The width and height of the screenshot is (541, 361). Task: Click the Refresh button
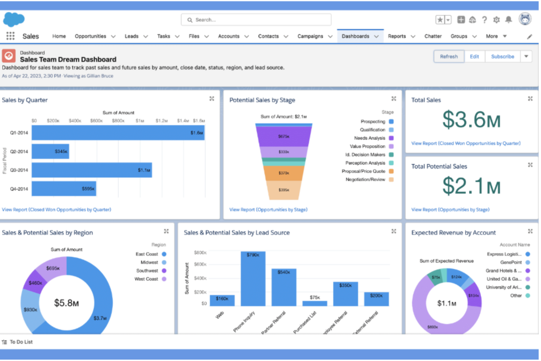click(449, 57)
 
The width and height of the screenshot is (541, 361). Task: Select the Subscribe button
click(502, 57)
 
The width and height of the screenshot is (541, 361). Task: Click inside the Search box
click(256, 20)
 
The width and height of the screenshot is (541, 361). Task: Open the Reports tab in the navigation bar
click(397, 36)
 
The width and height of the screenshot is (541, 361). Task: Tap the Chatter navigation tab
click(433, 36)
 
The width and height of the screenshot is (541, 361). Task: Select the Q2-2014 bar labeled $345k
click(50, 151)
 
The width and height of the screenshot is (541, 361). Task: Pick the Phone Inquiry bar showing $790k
click(253, 278)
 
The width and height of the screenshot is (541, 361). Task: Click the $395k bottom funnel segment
click(284, 190)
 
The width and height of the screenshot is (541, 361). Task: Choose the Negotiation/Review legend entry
click(366, 180)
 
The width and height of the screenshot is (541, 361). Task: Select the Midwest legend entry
click(150, 263)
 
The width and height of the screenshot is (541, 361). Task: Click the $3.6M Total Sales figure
click(471, 120)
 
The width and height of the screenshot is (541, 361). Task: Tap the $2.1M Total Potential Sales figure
click(471, 186)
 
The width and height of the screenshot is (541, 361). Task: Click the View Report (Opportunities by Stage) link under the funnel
click(268, 210)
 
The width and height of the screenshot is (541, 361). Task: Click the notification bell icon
click(508, 20)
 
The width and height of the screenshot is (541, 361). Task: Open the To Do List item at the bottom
click(21, 342)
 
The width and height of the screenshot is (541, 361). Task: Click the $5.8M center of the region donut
click(67, 303)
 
